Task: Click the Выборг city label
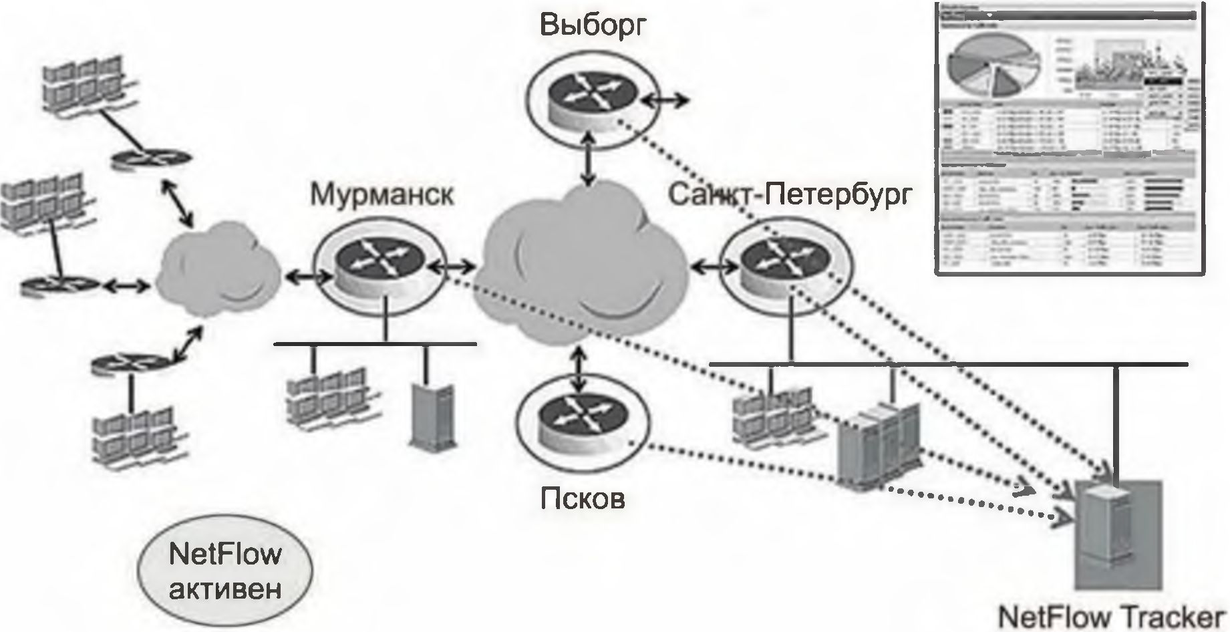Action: point(594,26)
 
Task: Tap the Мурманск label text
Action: point(381,195)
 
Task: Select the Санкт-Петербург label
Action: point(790,195)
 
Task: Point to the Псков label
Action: point(583,498)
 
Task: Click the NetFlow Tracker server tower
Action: point(1112,534)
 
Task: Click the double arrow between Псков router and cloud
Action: point(578,367)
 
